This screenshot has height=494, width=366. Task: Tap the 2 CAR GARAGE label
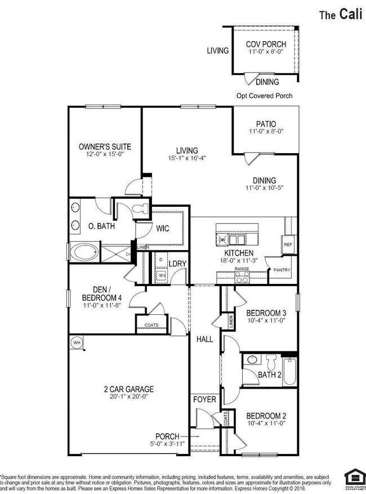[x=128, y=389]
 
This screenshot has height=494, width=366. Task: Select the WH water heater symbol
[x=75, y=341]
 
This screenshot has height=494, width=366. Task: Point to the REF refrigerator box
[x=288, y=244]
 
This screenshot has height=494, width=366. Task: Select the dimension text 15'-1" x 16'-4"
[x=187, y=158]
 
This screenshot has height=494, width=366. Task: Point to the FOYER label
[x=204, y=399]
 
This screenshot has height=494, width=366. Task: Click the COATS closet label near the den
[x=151, y=325]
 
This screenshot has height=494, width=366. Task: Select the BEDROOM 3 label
[x=266, y=314]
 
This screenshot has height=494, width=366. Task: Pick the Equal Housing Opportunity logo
[x=353, y=479]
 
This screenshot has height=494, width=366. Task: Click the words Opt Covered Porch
[x=264, y=96]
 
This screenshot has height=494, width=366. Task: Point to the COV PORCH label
[x=266, y=44]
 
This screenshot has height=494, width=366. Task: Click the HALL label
[x=204, y=340]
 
